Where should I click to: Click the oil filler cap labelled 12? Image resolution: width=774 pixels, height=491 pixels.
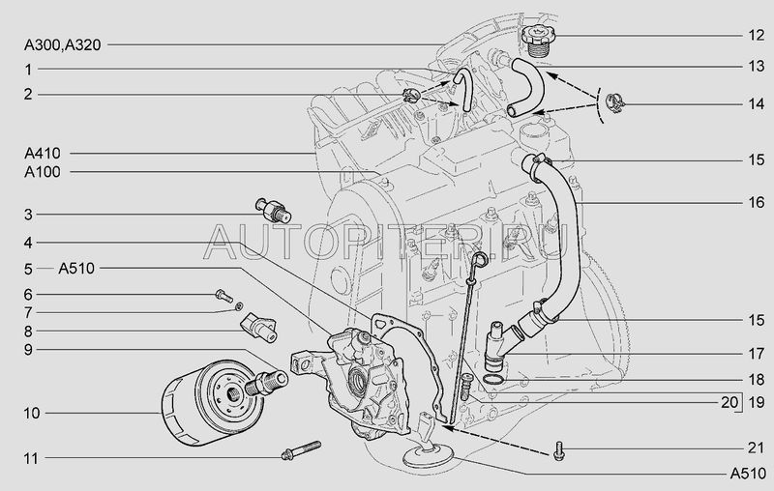[x=538, y=41]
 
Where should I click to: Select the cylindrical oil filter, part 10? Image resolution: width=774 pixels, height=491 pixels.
[x=212, y=403]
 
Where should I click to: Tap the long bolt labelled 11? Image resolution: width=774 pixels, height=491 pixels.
[x=301, y=450]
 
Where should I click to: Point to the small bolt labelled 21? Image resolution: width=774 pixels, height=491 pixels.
[x=559, y=450]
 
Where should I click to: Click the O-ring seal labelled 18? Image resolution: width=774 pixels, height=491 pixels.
[x=493, y=379]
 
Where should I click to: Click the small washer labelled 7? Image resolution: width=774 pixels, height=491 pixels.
[x=239, y=306]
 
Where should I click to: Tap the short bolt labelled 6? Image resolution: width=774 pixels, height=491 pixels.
[x=223, y=296]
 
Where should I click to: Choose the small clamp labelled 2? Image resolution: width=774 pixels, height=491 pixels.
[x=410, y=94]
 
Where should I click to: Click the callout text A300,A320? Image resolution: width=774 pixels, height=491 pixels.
[x=63, y=44]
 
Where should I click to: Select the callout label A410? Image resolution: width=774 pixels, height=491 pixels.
[x=43, y=154]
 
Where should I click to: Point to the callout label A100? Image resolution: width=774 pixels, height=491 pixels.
[x=43, y=172]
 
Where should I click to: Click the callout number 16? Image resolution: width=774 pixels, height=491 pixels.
[x=757, y=202]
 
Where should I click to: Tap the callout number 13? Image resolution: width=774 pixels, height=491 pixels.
[x=757, y=66]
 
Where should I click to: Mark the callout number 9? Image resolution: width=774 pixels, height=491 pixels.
[x=28, y=350]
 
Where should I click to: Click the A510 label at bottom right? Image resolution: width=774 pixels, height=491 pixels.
[x=748, y=474]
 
